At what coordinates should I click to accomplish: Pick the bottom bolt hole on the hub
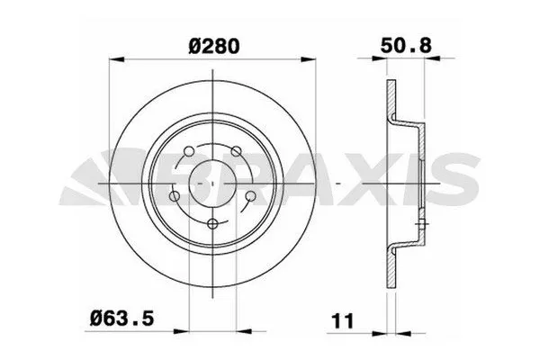point(211,224)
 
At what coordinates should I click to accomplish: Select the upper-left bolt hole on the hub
point(187,150)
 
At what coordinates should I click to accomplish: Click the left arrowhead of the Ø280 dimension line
point(113,61)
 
